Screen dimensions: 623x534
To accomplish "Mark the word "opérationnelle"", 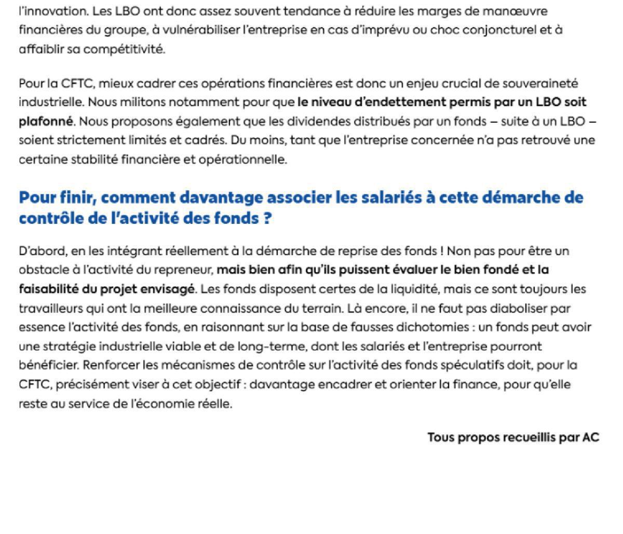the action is tap(251, 160).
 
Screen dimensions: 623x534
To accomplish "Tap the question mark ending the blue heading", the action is tap(267, 219).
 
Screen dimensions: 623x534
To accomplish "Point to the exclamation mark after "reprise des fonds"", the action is tap(441, 251).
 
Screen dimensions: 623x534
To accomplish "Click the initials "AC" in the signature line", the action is tap(591, 437).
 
